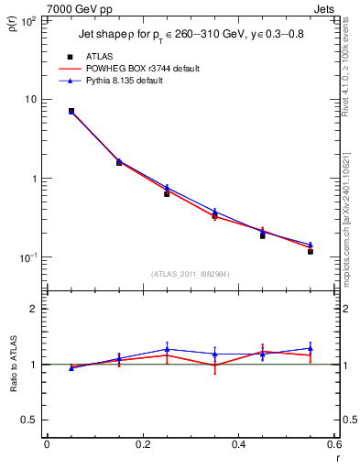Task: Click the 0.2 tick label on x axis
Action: [142, 444]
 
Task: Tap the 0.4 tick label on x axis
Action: [238, 444]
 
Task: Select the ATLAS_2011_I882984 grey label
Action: [191, 273]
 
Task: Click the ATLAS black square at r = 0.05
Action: [71, 111]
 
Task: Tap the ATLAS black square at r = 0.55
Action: [311, 251]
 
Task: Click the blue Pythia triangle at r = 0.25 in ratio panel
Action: [167, 349]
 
